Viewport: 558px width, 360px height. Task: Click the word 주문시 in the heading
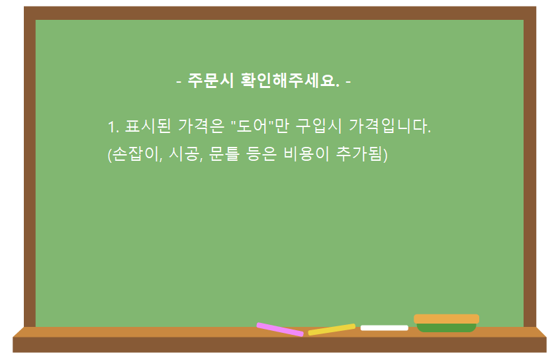(x=210, y=80)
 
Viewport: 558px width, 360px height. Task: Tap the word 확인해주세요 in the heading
(x=290, y=80)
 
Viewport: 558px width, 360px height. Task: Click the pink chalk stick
(x=280, y=330)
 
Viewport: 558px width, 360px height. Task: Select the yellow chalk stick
(x=332, y=330)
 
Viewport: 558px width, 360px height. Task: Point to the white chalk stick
(x=385, y=328)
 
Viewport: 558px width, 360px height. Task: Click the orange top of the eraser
(x=446, y=319)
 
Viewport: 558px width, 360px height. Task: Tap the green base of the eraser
(x=446, y=328)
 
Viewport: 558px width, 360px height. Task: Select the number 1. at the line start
(x=114, y=127)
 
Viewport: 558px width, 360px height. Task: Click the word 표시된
(x=148, y=126)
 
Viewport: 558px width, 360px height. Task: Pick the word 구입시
(x=318, y=126)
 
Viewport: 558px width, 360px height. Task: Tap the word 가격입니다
(x=390, y=126)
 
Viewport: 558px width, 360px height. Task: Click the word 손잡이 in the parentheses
(x=134, y=154)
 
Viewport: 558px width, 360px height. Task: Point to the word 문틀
(x=224, y=154)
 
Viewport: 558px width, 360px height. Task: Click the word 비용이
(x=306, y=154)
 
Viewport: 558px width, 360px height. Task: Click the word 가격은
(x=201, y=126)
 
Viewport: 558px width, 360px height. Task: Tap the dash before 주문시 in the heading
(x=179, y=82)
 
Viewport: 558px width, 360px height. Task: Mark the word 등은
(x=261, y=154)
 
